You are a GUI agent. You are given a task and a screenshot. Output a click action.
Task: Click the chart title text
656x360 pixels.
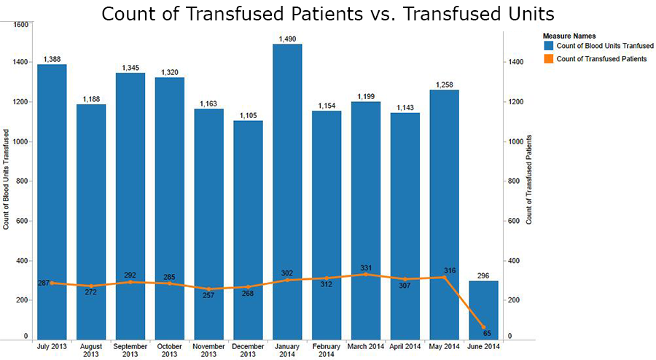point(328,13)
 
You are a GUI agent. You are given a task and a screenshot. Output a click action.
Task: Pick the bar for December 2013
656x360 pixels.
point(248,219)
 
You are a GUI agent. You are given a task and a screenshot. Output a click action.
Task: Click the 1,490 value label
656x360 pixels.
point(287,39)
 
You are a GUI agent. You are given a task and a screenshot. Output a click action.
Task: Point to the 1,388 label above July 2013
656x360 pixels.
point(52,59)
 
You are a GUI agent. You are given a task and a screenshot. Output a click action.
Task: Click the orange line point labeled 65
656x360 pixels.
point(483,327)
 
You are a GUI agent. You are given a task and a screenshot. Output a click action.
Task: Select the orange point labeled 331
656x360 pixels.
point(366,274)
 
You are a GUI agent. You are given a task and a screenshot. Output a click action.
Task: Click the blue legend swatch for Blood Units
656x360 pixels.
point(548,46)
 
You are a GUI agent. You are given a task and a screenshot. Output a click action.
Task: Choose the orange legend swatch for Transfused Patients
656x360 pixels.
point(548,59)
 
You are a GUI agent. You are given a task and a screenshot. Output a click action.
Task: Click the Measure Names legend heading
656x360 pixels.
point(569,35)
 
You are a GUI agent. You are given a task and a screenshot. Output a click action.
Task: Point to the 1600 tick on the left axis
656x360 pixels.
point(20,25)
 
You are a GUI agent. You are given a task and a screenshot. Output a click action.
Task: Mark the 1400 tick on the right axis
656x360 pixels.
point(515,63)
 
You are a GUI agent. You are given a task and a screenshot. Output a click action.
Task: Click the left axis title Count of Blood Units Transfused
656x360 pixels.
point(7,179)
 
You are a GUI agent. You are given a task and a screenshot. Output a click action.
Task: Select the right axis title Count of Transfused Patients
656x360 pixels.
point(529,179)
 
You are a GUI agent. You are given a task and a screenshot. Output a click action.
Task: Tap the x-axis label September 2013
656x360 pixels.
point(130,350)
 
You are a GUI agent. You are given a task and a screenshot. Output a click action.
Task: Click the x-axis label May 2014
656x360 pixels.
point(444,345)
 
